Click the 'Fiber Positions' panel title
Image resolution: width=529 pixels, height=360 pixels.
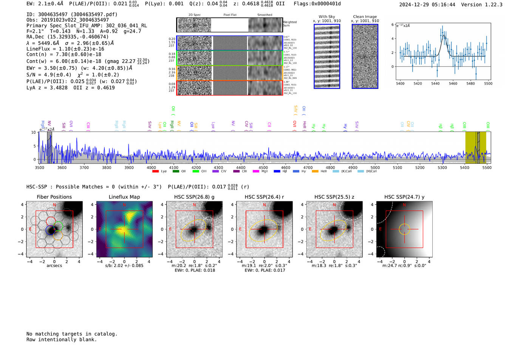[54, 197]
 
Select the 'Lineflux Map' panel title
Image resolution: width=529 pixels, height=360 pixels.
[124, 197]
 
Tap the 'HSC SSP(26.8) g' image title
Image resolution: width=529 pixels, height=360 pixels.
[194, 197]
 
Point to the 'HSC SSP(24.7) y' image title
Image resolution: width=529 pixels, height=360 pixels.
[404, 197]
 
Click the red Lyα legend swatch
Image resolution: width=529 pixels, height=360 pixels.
[155, 172]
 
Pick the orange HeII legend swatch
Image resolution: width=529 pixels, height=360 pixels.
[315, 172]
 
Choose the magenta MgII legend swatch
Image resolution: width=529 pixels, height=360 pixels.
[255, 172]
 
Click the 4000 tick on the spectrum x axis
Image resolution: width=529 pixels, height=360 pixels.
[151, 167]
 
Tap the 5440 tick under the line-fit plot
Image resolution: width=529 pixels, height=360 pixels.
[435, 83]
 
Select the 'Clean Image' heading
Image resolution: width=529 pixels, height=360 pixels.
[365, 17]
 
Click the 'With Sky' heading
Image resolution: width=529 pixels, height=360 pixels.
[327, 17]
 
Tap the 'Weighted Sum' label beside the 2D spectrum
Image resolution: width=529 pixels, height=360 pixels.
[290, 24]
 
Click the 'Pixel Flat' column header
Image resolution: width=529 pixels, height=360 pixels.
[230, 15]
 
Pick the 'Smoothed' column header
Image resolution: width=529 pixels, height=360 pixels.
[265, 15]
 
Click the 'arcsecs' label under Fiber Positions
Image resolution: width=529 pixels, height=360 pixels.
[54, 266]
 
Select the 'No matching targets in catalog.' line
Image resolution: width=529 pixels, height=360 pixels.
[72, 334]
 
